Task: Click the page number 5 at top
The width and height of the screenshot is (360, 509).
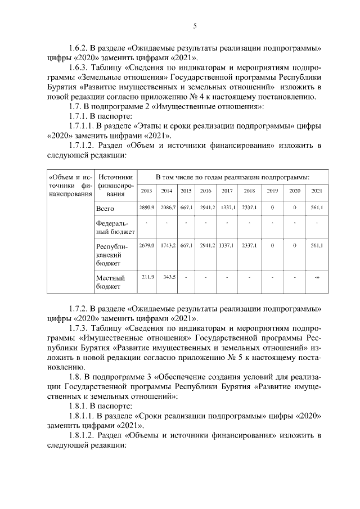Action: point(195,26)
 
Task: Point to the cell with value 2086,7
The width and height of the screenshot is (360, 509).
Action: point(167,208)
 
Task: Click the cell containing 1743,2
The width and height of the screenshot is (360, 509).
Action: point(167,246)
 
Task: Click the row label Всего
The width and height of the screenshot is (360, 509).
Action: point(105,209)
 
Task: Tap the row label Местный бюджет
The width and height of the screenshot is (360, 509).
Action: point(111,282)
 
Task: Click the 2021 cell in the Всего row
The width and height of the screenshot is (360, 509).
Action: point(317,208)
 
